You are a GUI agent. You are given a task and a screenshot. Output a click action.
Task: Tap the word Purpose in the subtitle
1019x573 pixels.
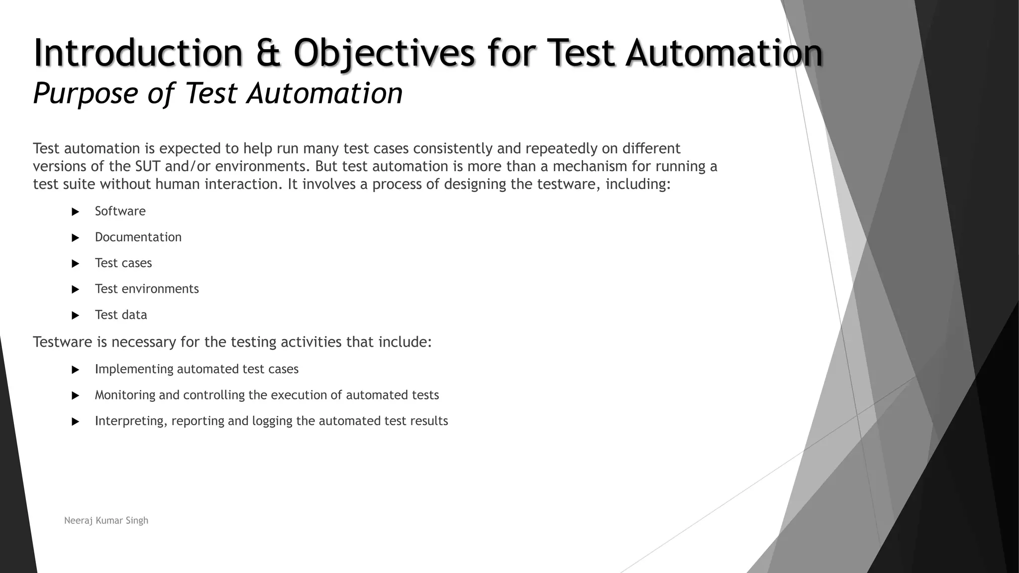(85, 93)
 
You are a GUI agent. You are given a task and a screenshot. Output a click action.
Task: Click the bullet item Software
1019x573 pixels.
(120, 211)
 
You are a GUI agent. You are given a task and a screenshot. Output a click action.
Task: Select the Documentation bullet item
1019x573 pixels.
(138, 237)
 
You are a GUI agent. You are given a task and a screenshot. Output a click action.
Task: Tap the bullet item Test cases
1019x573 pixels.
(123, 263)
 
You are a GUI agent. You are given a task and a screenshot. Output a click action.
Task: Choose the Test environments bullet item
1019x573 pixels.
(147, 289)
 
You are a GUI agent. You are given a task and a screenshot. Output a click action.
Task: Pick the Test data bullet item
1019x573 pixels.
(121, 315)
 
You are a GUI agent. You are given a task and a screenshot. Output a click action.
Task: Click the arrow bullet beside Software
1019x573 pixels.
(76, 212)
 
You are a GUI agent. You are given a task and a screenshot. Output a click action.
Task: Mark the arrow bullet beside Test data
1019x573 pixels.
(76, 315)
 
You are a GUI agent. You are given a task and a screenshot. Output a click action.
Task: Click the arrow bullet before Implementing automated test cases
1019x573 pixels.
(76, 370)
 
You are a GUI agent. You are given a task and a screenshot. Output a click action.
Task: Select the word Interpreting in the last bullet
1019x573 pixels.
(131, 421)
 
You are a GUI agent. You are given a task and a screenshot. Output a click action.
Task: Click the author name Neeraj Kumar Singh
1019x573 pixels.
(106, 520)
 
